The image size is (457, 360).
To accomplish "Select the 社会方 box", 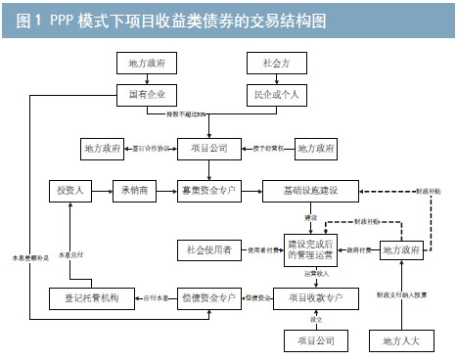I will click(x=271, y=64).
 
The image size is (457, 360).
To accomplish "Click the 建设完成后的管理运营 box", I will click(x=312, y=249).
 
